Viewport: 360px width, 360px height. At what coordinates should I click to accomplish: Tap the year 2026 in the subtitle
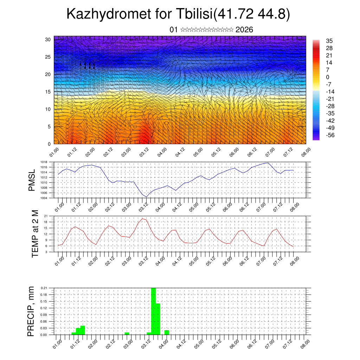tap(244, 30)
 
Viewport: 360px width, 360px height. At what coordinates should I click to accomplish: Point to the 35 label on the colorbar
tap(329, 41)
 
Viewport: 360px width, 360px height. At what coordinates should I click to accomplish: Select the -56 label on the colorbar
tap(331, 135)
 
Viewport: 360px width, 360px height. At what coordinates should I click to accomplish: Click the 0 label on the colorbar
tap(328, 77)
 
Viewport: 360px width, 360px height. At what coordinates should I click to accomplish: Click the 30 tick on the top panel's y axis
tap(48, 39)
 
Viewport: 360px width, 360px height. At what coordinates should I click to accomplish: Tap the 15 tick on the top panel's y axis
tap(48, 92)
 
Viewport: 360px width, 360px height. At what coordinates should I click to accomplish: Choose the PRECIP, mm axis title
tap(32, 311)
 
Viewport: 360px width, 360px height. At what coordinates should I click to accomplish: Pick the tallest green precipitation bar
tap(153, 311)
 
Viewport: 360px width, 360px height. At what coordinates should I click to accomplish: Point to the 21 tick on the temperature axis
tap(46, 216)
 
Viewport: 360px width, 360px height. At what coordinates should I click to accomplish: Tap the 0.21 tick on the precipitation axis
tap(44, 288)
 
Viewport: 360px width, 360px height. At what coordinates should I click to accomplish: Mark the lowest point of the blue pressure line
tap(146, 197)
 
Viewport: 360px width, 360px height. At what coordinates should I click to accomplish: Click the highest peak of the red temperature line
tap(142, 218)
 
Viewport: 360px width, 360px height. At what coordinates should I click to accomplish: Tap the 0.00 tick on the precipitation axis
tap(44, 335)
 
